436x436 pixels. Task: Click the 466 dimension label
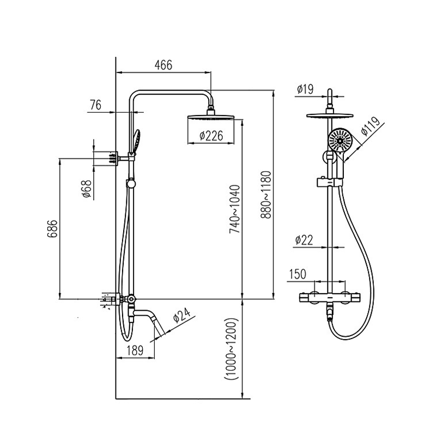point(163,65)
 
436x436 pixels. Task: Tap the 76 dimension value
point(95,106)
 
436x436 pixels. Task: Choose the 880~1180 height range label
point(267,195)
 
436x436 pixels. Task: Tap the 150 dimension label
point(298,274)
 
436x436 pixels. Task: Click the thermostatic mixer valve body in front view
point(330,298)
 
